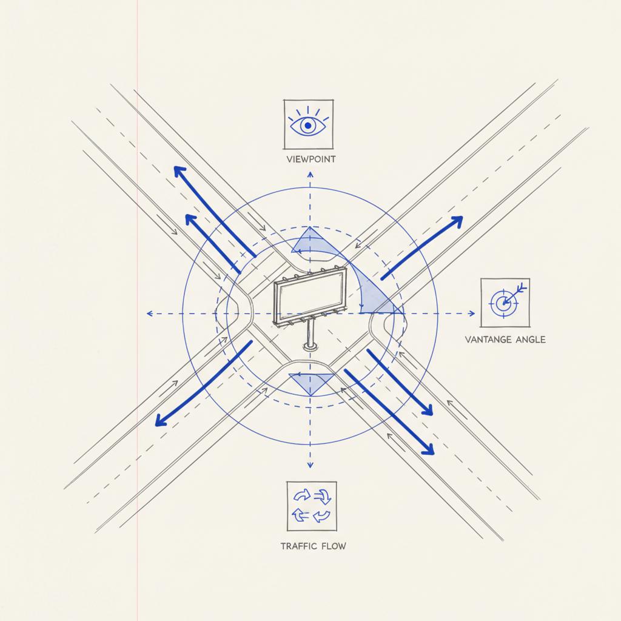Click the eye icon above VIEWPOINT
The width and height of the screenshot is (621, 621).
coord(308,125)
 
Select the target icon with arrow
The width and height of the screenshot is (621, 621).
coord(505,301)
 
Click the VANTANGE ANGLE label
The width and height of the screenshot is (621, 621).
coord(505,340)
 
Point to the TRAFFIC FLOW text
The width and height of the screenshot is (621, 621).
coord(313,546)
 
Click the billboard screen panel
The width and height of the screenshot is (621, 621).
coord(309,297)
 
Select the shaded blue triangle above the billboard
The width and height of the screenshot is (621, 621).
coord(308,241)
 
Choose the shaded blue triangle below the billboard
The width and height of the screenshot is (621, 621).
coord(310,383)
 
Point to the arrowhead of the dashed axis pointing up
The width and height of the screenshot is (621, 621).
coord(310,174)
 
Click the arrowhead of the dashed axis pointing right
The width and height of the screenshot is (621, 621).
coord(472,314)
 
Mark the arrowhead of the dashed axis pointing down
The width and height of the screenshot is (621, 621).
coord(310,465)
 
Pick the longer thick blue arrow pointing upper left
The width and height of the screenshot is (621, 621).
coord(212,209)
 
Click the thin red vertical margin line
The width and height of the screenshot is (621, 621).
coord(137,485)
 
